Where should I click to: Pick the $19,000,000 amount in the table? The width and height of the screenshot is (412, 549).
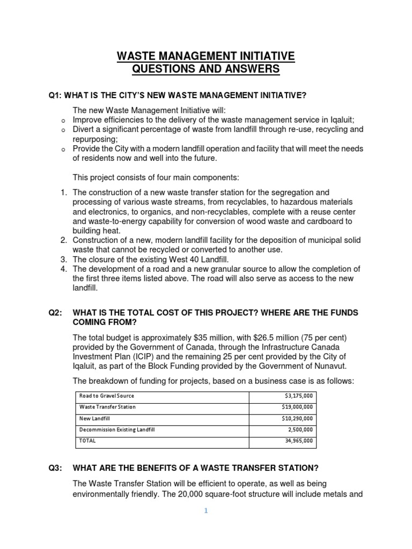pos(298,407)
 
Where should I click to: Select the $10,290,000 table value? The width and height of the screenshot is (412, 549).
pos(298,418)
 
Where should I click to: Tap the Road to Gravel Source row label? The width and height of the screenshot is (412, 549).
pos(106,396)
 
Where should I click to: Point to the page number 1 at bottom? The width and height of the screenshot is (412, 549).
pos(205,511)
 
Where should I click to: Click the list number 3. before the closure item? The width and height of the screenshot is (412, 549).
pos(63,259)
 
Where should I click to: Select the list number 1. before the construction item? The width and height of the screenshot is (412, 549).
pos(63,192)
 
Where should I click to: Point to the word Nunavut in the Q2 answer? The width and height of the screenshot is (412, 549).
pos(331,366)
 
